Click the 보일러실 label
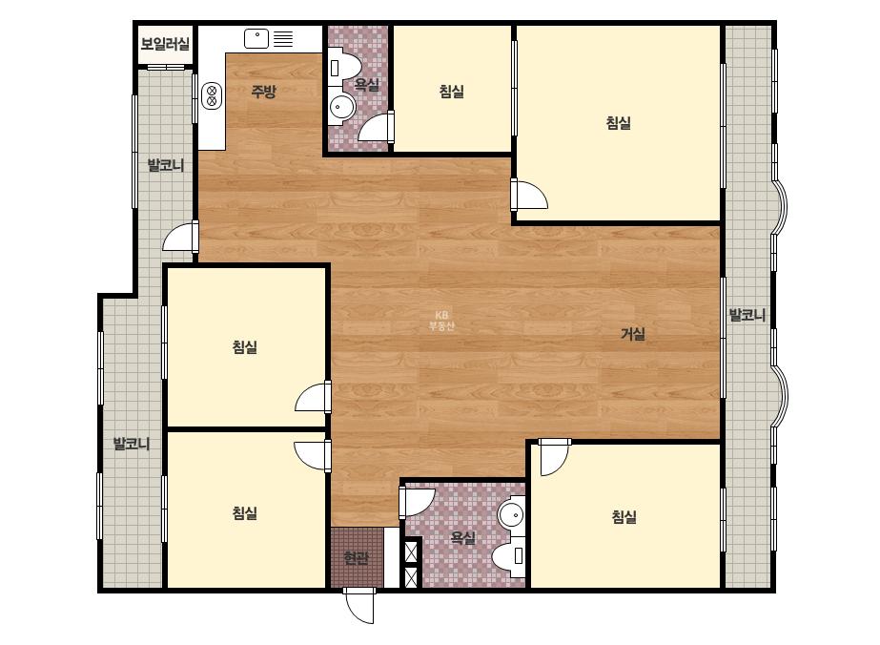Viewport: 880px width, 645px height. (165, 44)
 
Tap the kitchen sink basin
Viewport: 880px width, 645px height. (256, 39)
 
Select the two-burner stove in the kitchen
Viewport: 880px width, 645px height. (212, 95)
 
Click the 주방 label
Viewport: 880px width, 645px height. (263, 91)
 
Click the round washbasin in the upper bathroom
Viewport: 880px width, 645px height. (341, 107)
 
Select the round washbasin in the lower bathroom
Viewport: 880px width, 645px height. (511, 513)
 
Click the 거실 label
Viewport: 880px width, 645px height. (632, 334)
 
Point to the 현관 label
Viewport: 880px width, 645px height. (357, 558)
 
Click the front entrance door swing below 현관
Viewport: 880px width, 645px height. (359, 606)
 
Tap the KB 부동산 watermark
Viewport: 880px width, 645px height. (441, 321)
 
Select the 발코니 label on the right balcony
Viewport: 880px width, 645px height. (747, 315)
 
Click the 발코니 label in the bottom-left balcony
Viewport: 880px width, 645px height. (132, 444)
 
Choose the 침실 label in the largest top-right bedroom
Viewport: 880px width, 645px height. (619, 123)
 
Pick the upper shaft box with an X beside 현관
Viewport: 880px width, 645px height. (412, 550)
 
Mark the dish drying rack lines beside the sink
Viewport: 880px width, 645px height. (283, 39)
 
